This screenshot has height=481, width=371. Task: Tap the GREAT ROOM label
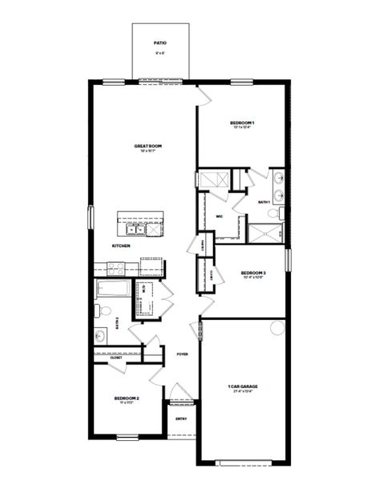[148, 146]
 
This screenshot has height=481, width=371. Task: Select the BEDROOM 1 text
[243, 123]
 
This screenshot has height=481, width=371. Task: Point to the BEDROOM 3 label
[252, 273]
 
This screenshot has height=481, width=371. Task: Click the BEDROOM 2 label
[127, 398]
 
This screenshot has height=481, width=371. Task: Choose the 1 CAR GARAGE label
[243, 386]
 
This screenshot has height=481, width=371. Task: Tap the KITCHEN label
[121, 245]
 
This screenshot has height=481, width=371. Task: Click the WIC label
[219, 216]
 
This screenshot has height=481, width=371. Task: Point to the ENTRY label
[181, 418]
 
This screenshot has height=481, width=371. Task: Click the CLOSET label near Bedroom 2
[105, 358]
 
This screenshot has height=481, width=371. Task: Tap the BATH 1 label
[264, 203]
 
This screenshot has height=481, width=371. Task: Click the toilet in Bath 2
[100, 310]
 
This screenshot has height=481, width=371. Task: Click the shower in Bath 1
[265, 232]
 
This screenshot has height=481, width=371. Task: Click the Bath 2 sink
[100, 336]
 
